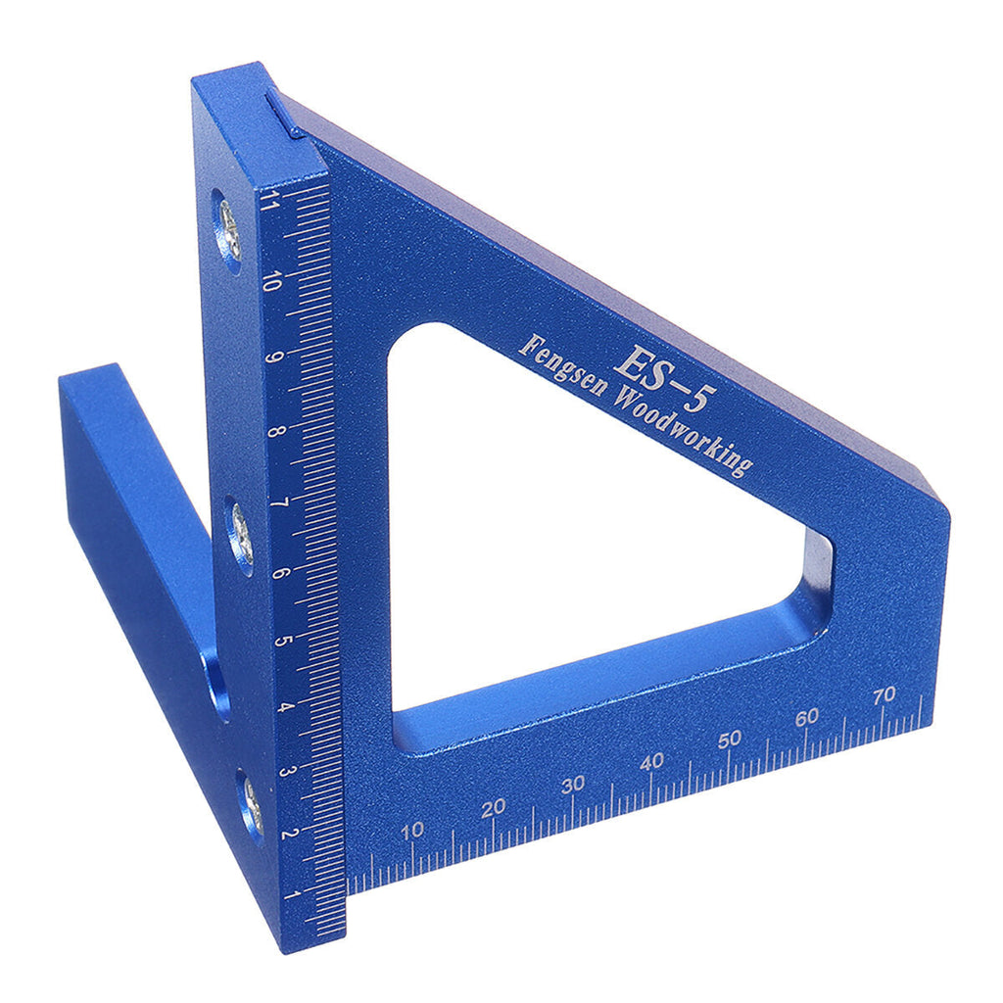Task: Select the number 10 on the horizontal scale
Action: pyautogui.click(x=413, y=831)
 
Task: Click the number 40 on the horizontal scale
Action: pyautogui.click(x=651, y=760)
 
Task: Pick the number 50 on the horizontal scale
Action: pyautogui.click(x=729, y=740)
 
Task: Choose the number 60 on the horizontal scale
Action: pyautogui.click(x=807, y=717)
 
